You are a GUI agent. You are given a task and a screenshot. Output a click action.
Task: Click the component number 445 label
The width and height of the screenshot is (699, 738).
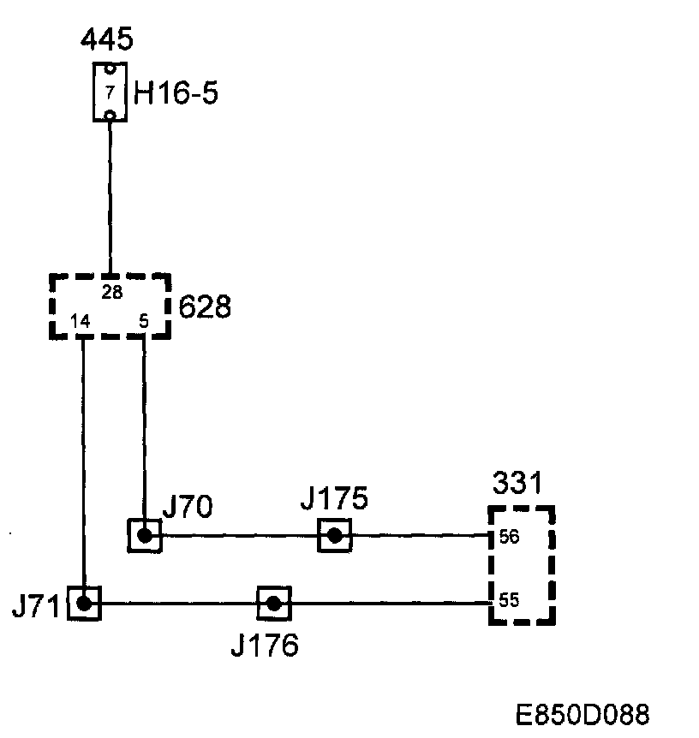(107, 39)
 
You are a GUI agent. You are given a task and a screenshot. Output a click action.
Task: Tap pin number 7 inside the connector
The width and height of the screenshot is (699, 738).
(110, 92)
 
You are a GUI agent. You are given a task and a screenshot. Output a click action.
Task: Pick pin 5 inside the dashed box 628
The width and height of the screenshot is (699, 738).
(143, 323)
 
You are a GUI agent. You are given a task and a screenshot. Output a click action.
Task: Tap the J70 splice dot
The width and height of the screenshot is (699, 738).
(145, 536)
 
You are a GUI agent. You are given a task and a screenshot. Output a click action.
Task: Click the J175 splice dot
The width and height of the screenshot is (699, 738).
(334, 536)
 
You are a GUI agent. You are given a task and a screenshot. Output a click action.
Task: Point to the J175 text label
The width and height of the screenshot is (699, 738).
(334, 498)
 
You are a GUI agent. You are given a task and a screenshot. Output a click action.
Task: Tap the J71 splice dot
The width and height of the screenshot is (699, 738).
(84, 603)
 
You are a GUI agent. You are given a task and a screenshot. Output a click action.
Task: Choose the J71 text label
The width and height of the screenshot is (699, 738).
(35, 607)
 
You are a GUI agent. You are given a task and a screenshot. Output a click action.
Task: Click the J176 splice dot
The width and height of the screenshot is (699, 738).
(273, 603)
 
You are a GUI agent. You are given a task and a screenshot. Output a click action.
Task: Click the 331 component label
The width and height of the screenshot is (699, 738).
(517, 485)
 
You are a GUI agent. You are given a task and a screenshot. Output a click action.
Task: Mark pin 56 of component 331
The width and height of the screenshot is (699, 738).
(509, 538)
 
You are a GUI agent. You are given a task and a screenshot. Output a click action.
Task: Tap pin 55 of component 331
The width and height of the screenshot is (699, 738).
(509, 600)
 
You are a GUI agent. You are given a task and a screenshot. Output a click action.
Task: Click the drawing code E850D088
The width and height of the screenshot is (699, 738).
(582, 715)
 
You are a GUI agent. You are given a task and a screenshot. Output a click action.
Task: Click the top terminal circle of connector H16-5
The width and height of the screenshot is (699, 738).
(110, 70)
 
